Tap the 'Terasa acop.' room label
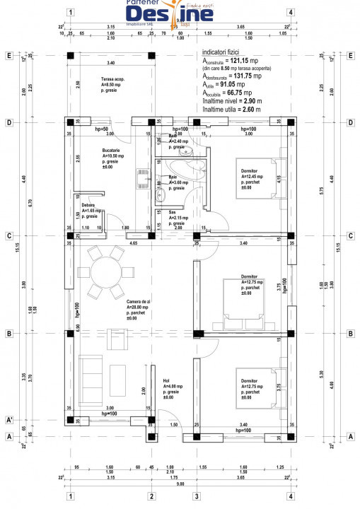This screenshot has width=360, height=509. pos(112,78)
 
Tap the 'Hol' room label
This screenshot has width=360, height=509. pos(166,380)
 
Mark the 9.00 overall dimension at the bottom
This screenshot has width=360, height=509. pos(180,484)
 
